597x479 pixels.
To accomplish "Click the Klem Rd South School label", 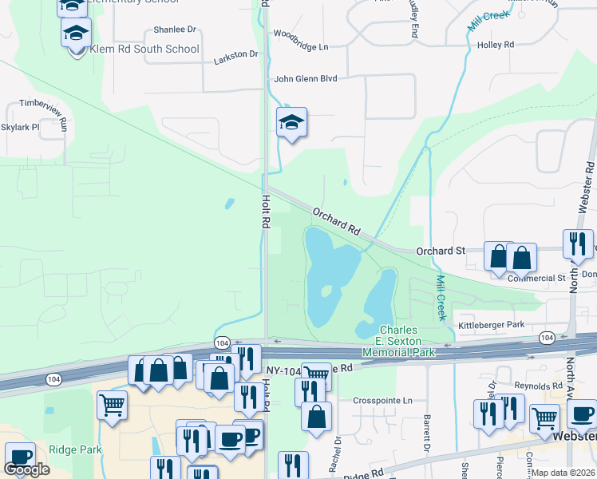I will coord(144,49).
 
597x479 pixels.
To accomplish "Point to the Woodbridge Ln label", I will coord(301,46).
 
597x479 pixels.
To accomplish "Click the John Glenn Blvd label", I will coord(306,78).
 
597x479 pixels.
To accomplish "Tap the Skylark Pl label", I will coord(20,127).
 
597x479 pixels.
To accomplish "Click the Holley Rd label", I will coord(495,45).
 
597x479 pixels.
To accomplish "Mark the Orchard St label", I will coord(441,251).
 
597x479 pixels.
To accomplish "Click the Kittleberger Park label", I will coord(490,325).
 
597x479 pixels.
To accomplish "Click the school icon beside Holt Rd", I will coord(291,122).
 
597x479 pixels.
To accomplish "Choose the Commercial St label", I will coord(536,279).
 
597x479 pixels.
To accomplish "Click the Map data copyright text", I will coord(565,473).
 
